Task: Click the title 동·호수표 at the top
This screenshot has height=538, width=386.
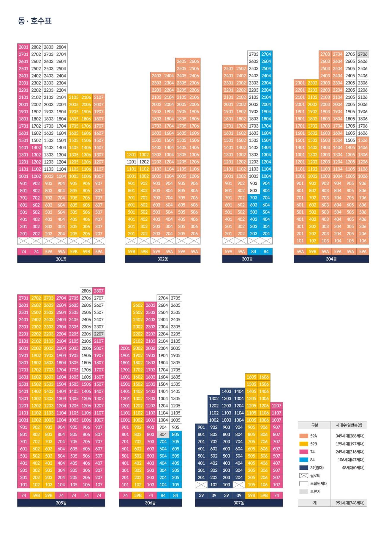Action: [x=35, y=21]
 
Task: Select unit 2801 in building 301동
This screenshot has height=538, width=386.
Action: [x=23, y=47]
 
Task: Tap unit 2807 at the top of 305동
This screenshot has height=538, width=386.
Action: [x=99, y=291]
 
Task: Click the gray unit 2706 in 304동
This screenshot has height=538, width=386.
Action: [x=363, y=54]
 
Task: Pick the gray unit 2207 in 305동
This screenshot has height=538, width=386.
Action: [x=99, y=334]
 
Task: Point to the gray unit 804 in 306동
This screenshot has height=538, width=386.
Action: [x=163, y=435]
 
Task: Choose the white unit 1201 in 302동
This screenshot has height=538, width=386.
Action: [x=131, y=162]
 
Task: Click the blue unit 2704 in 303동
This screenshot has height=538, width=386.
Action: [x=266, y=54]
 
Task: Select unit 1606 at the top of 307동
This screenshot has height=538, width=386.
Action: [x=264, y=377]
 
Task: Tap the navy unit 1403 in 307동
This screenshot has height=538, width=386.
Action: [x=226, y=391]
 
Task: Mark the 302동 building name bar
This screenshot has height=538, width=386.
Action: [x=163, y=259]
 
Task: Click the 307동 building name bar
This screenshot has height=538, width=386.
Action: [x=239, y=503]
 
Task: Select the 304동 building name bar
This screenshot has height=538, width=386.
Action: [x=331, y=259]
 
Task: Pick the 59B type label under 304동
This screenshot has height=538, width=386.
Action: [x=312, y=252]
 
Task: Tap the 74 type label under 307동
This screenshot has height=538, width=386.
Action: [x=276, y=495]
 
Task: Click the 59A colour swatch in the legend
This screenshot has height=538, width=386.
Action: [x=304, y=436]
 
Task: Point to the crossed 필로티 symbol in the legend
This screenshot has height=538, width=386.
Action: [x=304, y=476]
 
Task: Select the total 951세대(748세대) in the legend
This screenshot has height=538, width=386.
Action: [x=350, y=503]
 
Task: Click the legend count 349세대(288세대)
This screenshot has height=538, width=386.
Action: [x=350, y=436]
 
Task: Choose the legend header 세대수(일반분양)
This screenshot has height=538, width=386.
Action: [x=349, y=425]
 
